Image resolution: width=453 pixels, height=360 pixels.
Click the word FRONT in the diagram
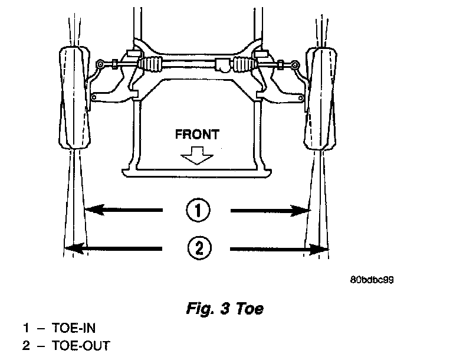pos(197,134)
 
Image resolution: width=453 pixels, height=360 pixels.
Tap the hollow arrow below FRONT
pos(197,155)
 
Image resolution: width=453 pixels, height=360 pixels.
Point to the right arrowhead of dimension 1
pos(305,210)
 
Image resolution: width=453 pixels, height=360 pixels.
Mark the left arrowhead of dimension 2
pos(71,248)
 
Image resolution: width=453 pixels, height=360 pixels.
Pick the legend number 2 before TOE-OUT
pos(25,345)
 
